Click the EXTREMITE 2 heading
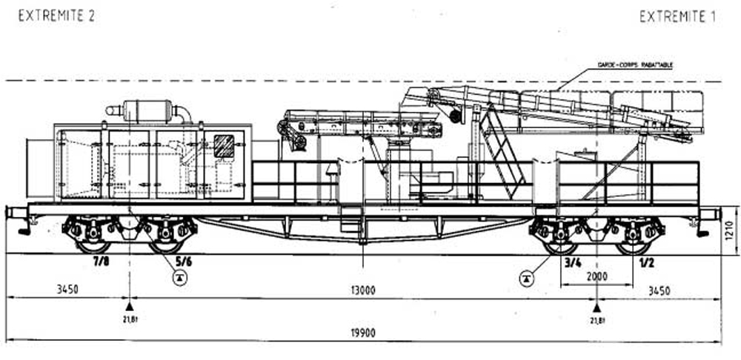pyautogui.click(x=56, y=16)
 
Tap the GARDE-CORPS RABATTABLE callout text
pyautogui.click(x=634, y=66)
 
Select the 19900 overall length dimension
pyautogui.click(x=363, y=333)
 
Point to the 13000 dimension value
pyautogui.click(x=363, y=290)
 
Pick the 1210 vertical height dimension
pyautogui.click(x=728, y=236)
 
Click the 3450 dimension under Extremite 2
pyautogui.click(x=67, y=290)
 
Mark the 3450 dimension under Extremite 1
pyautogui.click(x=658, y=290)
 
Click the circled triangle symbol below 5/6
pyautogui.click(x=179, y=278)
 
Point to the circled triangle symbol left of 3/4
pyautogui.click(x=526, y=278)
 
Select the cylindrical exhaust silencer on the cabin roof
pyautogui.click(x=148, y=110)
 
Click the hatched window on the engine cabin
pyautogui.click(x=223, y=144)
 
